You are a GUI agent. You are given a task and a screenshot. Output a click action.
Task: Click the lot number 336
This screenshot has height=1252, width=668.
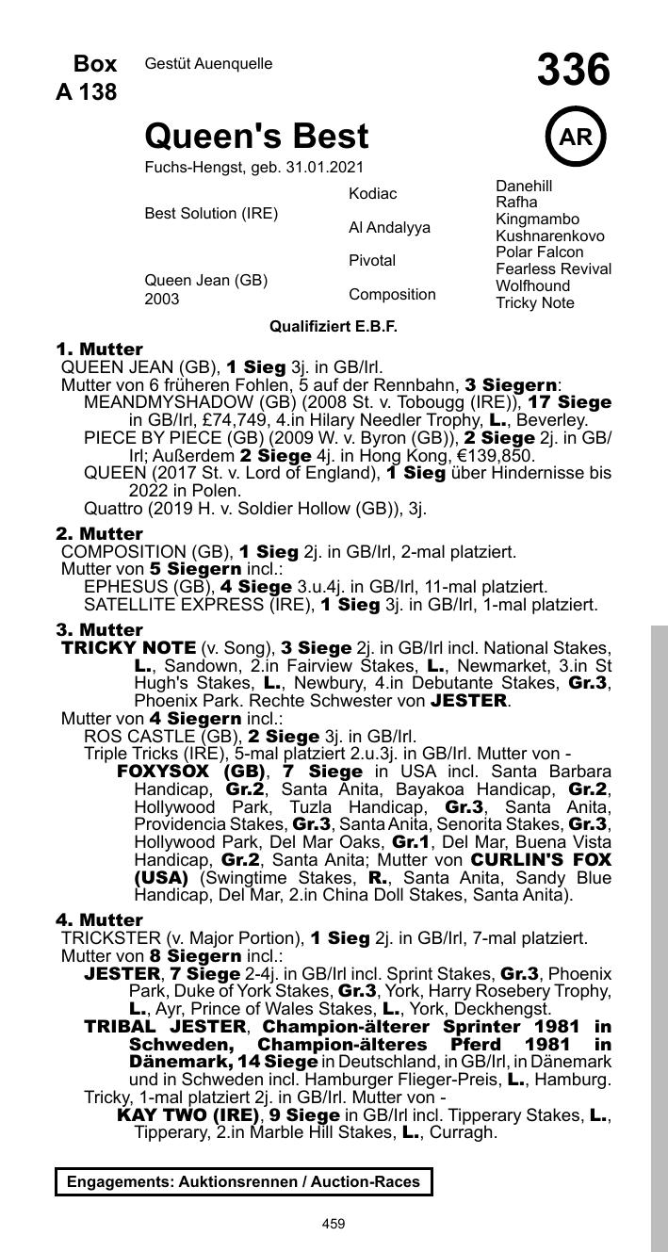(x=574, y=71)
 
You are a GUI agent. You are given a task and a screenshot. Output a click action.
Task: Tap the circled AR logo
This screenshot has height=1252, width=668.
(x=576, y=138)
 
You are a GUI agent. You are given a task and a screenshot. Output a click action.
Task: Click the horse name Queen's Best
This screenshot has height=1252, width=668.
(x=256, y=138)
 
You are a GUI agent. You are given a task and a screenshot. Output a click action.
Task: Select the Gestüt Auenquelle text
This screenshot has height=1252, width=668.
(x=208, y=64)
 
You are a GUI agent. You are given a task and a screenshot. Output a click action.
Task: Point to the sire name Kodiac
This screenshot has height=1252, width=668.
(x=373, y=193)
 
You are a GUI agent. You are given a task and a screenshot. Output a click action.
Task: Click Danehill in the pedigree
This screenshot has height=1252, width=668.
(x=524, y=186)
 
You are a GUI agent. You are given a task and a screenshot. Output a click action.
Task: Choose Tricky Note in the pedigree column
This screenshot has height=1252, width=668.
(x=534, y=303)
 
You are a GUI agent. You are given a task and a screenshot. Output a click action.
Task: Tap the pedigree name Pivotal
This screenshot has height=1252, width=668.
(x=372, y=260)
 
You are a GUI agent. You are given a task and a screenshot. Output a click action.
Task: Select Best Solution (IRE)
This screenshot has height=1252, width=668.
(x=211, y=214)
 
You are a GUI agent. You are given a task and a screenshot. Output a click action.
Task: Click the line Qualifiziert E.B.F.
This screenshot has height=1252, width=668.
(x=334, y=326)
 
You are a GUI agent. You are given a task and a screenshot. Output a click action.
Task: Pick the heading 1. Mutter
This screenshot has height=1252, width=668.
(x=99, y=350)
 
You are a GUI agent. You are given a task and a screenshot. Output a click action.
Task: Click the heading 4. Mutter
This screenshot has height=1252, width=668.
(x=99, y=919)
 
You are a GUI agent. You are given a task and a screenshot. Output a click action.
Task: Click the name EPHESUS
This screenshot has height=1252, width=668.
(x=120, y=587)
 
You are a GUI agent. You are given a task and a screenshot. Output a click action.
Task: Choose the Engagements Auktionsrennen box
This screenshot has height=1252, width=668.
(x=244, y=1181)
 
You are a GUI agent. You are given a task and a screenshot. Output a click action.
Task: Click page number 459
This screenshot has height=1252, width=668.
(x=334, y=1224)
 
